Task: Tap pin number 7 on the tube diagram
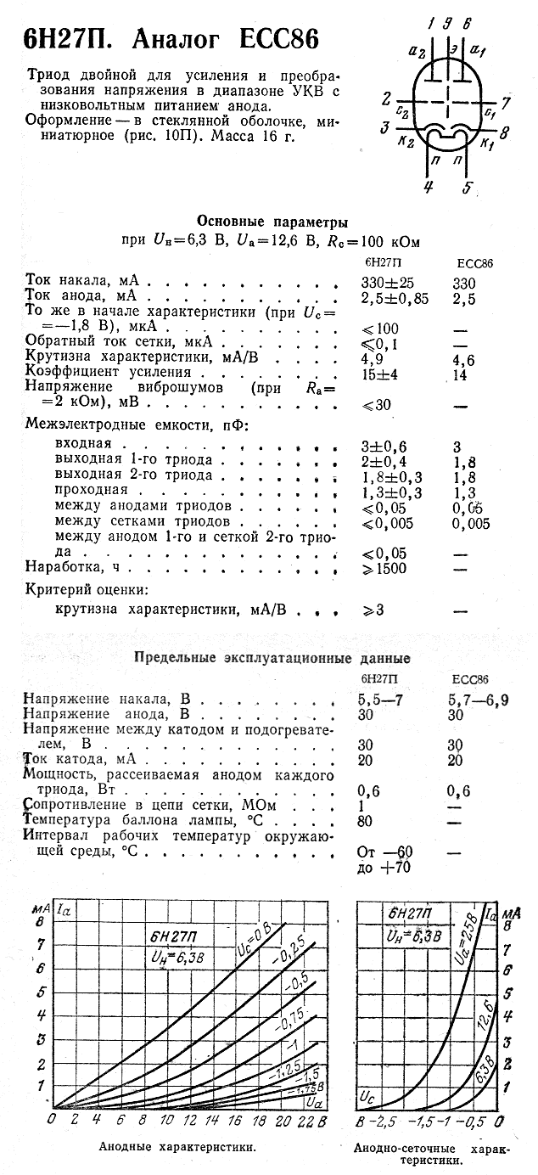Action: [505, 104]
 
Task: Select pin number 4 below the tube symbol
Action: [429, 188]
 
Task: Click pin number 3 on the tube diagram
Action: [386, 129]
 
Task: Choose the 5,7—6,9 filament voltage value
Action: [479, 700]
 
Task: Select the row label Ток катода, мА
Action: [80, 758]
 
